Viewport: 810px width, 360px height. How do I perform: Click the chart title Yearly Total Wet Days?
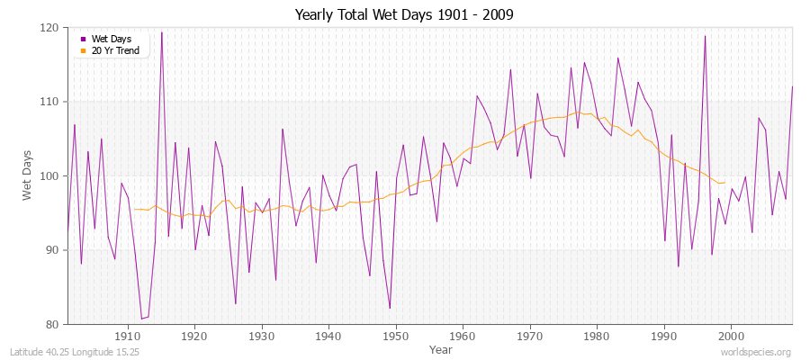tap(404, 15)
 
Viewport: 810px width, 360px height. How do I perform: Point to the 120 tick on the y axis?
tap(51, 28)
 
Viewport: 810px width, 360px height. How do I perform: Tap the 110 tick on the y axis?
tap(51, 102)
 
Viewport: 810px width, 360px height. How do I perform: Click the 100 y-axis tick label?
tap(51, 176)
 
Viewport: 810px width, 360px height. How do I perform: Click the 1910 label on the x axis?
tap(127, 336)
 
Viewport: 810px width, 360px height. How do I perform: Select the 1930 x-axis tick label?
tap(261, 336)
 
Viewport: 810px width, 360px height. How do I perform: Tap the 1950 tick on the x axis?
tap(395, 336)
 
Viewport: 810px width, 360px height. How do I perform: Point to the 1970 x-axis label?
tap(529, 336)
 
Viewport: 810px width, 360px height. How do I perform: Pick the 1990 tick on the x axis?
tap(663, 336)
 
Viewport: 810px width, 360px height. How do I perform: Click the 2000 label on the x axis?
tap(731, 336)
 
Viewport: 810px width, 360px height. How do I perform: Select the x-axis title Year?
tap(441, 348)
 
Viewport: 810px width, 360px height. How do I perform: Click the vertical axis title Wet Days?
tap(28, 175)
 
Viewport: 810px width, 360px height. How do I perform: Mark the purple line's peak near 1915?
tap(162, 32)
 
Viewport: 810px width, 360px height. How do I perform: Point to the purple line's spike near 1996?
tap(705, 36)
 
